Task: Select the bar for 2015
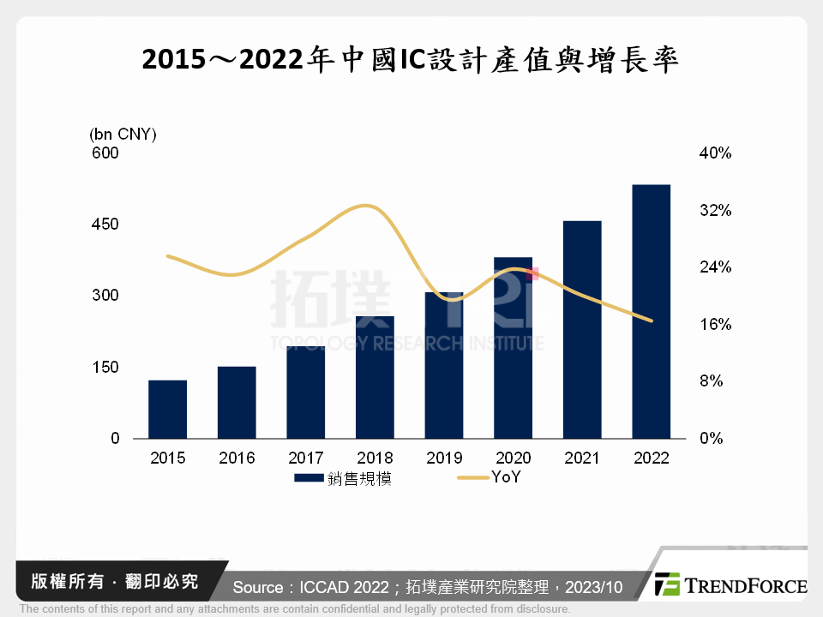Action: tap(167, 409)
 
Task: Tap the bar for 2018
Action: tap(375, 377)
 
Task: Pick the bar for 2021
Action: tap(582, 329)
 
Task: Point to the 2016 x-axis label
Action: tap(237, 458)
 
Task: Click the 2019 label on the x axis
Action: tap(444, 458)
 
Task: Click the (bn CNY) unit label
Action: tap(123, 134)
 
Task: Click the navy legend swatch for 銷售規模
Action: tap(309, 478)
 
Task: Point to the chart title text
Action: tap(411, 60)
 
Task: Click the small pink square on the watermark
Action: tap(533, 274)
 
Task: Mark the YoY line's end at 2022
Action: tap(652, 321)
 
